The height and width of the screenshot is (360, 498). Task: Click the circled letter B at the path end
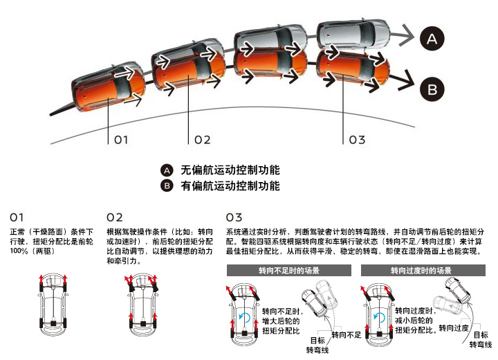pyautogui.click(x=432, y=89)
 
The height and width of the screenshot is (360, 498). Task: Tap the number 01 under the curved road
pyautogui.click(x=121, y=140)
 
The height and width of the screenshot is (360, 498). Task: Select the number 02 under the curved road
pyautogui.click(x=202, y=140)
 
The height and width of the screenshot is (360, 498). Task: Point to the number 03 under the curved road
pyautogui.click(x=356, y=140)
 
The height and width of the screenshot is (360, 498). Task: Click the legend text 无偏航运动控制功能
pyautogui.click(x=230, y=170)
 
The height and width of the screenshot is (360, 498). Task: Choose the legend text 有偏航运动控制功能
pyautogui.click(x=230, y=186)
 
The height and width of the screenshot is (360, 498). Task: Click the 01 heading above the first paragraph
pyautogui.click(x=17, y=217)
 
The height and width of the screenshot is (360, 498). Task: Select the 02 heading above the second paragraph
pyautogui.click(x=116, y=217)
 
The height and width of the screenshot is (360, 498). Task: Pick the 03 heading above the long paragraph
pyautogui.click(x=234, y=217)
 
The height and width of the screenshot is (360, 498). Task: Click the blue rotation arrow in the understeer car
pyautogui.click(x=243, y=316)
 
